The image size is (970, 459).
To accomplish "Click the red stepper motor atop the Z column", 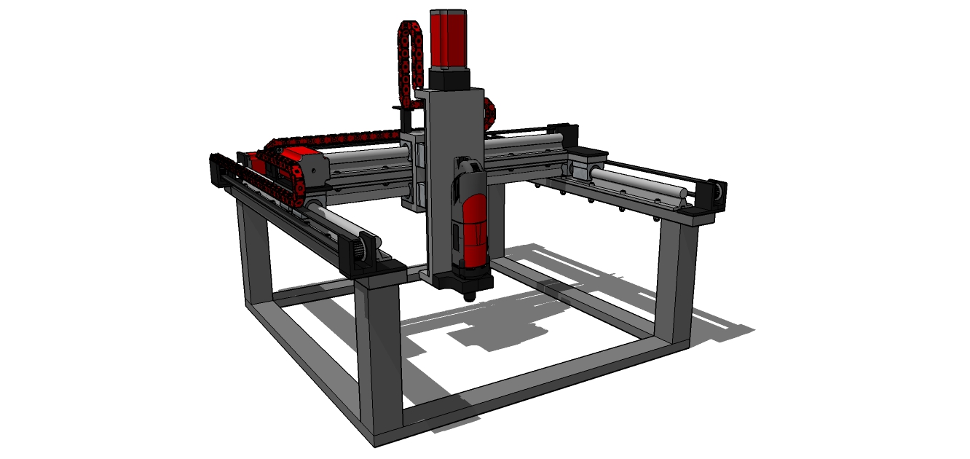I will pos(449,39).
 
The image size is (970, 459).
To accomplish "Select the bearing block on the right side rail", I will pos(587,164).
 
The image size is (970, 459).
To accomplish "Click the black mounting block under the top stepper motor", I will pos(449,79).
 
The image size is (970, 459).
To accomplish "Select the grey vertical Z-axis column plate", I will pos(440,182).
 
